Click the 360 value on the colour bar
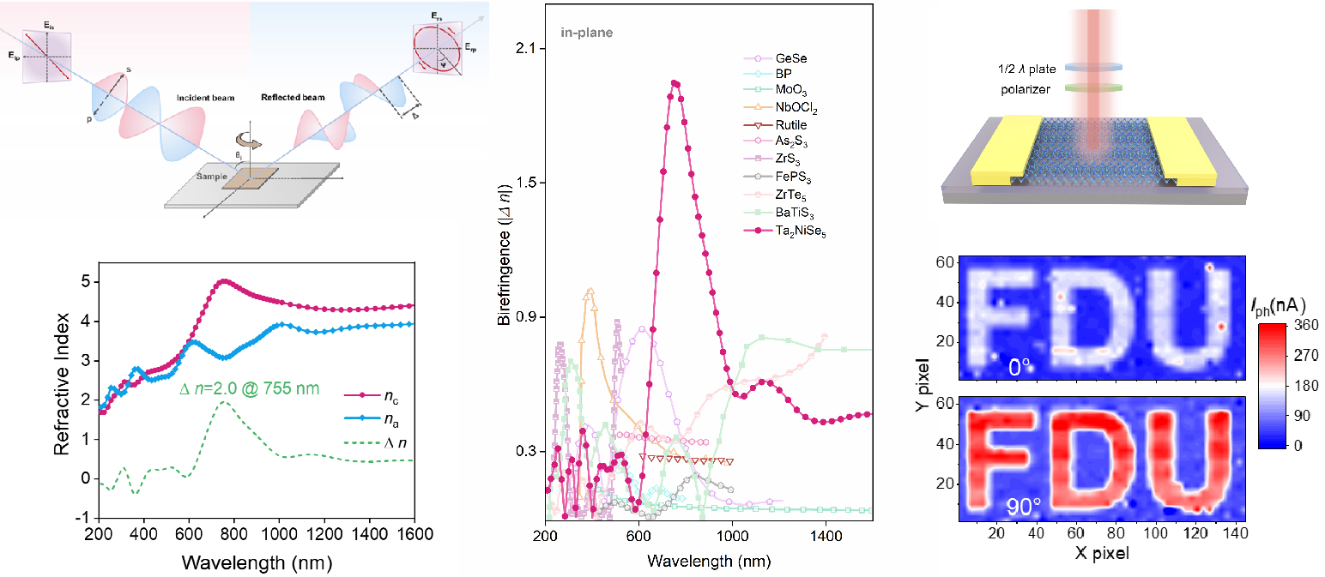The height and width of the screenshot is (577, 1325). click(1296, 326)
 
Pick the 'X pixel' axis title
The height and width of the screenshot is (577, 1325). click(1103, 553)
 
